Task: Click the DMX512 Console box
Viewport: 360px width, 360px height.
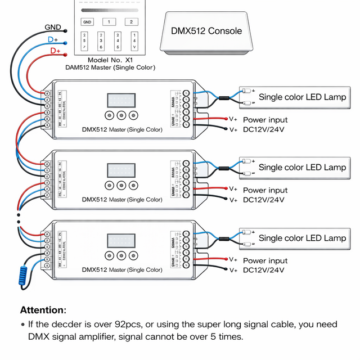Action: [x=206, y=31]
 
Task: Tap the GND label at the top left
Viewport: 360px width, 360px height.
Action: [x=53, y=27]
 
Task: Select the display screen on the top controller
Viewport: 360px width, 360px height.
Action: [x=121, y=100]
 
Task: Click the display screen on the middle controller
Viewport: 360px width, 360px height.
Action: [x=121, y=170]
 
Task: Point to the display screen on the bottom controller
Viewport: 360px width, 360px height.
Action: [x=121, y=241]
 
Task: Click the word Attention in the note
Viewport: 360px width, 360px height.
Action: [x=43, y=310]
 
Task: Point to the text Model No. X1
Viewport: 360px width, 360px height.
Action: [x=110, y=60]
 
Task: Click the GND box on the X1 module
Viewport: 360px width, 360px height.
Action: [x=87, y=22]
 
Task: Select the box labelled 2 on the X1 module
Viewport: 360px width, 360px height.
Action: [x=130, y=22]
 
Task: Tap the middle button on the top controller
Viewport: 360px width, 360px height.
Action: [x=121, y=115]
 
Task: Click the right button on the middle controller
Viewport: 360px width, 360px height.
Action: [x=133, y=185]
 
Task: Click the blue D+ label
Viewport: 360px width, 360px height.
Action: [x=53, y=40]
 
